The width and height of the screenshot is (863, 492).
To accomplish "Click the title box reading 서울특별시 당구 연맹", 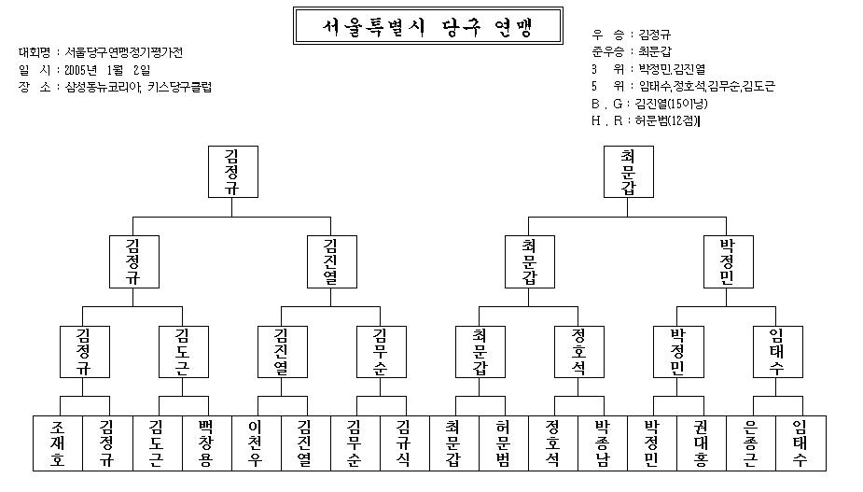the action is tap(427, 26).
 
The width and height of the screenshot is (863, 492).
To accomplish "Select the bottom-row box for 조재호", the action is tap(58, 443).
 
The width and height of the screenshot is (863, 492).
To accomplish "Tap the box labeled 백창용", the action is tap(207, 443).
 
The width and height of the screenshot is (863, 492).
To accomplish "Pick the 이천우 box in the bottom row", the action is tap(257, 443).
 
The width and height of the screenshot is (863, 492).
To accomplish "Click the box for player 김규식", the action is tap(405, 443).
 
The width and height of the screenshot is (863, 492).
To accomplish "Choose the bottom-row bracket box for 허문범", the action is tap(504, 443).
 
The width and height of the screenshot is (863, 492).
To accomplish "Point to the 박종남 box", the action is tap(603, 443).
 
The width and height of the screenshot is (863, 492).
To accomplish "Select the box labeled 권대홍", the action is tap(702, 443).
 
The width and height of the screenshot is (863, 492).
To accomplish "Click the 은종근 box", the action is tap(751, 443).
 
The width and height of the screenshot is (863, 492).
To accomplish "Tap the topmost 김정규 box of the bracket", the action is tap(233, 172).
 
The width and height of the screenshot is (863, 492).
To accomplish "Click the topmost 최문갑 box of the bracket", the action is tap(629, 172).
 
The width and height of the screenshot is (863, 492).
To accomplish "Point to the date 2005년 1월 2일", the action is tap(107, 70).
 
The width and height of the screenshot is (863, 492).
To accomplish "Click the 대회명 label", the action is tap(35, 52).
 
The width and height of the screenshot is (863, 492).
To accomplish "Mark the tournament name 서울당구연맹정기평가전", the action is tap(124, 52).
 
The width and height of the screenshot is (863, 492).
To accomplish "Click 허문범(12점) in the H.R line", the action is tap(667, 120).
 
